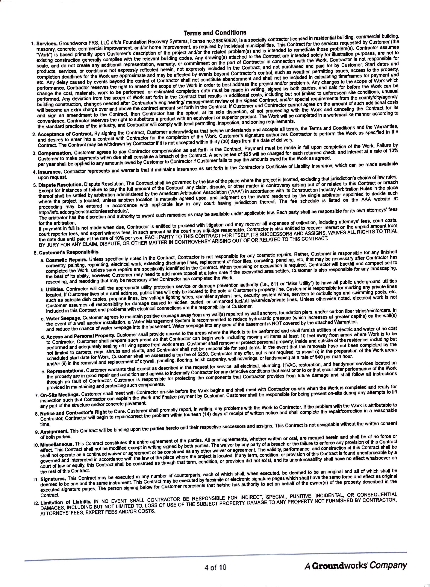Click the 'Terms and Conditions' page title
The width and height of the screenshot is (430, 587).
[215, 33]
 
